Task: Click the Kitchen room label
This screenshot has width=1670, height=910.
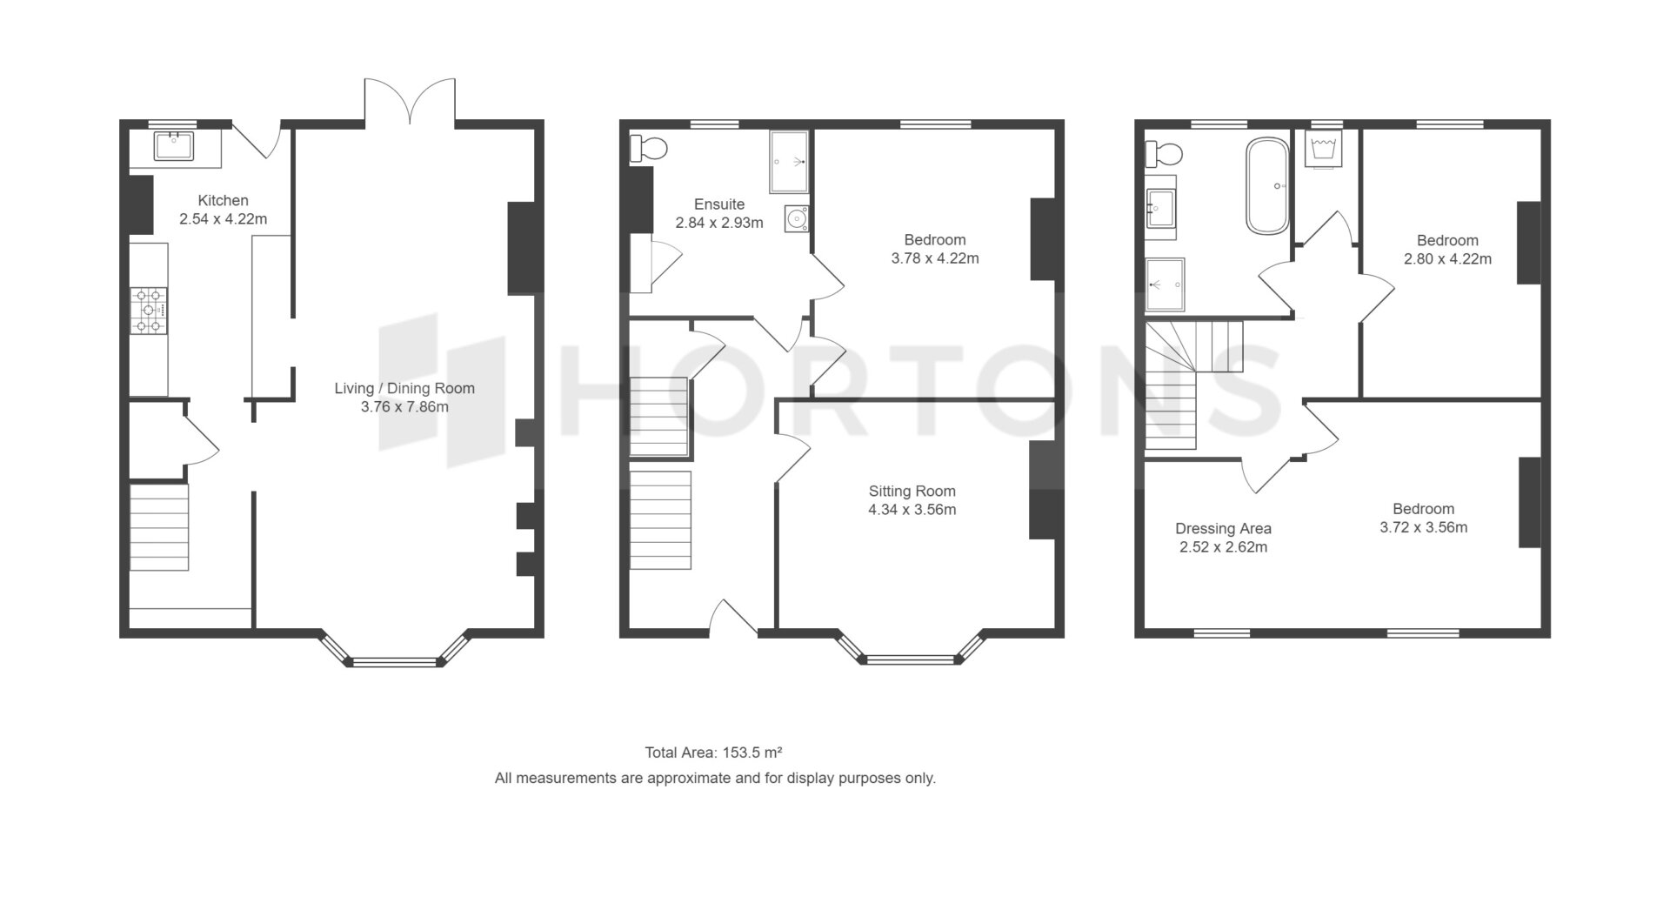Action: click(x=223, y=200)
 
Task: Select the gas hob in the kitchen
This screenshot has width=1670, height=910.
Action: click(x=149, y=311)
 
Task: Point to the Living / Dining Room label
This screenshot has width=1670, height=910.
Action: click(x=404, y=388)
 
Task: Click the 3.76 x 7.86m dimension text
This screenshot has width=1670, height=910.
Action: click(x=404, y=406)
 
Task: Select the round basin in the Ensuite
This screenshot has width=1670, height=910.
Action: click(x=796, y=219)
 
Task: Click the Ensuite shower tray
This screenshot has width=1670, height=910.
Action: click(x=789, y=162)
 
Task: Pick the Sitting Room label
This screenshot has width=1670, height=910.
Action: click(x=912, y=491)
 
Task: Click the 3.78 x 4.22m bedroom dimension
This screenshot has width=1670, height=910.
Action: click(x=935, y=258)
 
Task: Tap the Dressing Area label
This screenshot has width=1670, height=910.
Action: click(x=1223, y=528)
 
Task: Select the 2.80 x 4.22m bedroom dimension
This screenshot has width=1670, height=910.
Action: click(x=1447, y=258)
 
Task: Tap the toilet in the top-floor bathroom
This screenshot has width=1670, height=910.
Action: click(x=1164, y=154)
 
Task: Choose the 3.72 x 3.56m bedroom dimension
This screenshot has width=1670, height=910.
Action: click(x=1423, y=527)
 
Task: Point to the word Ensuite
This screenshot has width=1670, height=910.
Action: click(x=719, y=204)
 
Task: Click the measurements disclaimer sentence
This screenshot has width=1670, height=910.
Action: click(x=715, y=779)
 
